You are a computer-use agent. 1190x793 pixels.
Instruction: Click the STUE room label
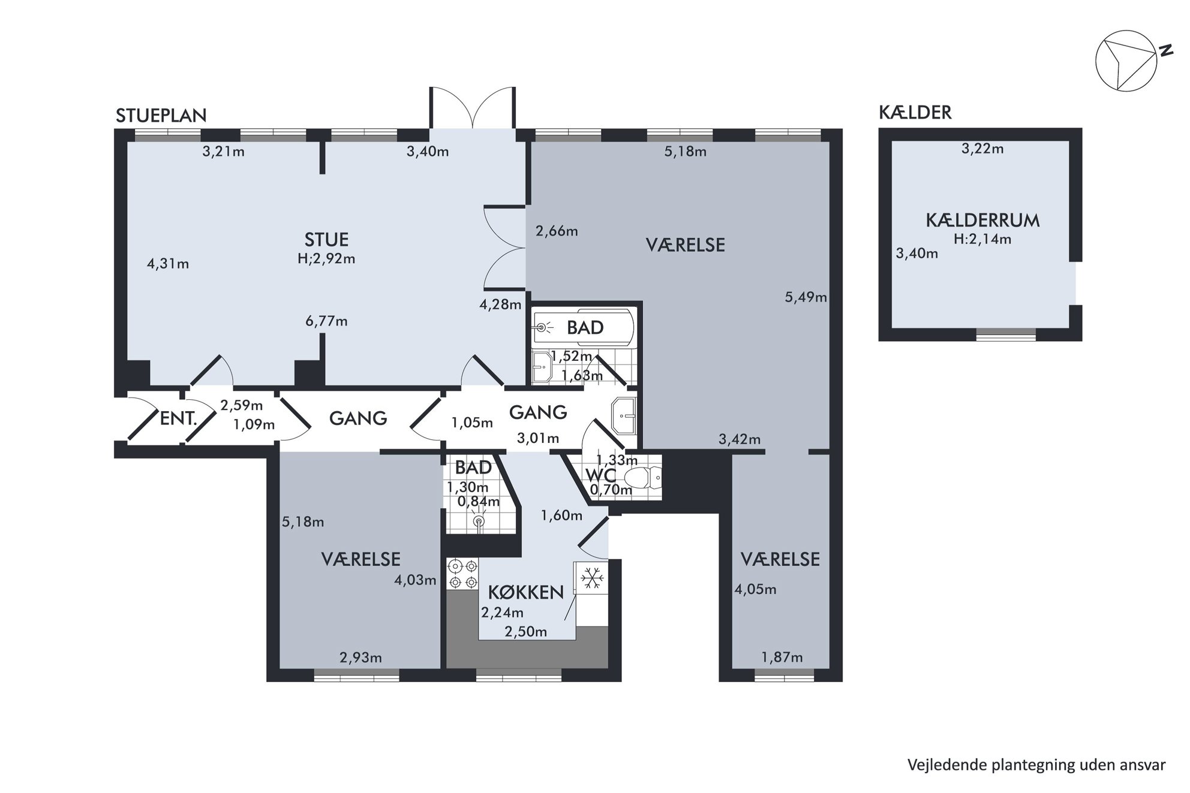coord(326,240)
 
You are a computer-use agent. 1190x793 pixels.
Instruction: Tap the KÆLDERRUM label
coord(982,221)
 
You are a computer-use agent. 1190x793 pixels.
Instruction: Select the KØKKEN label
coord(526,592)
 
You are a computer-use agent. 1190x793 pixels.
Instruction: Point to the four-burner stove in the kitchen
coord(463,574)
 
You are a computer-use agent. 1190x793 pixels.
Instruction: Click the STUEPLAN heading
coord(161,115)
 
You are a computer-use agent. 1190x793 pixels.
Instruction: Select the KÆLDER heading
coord(915,112)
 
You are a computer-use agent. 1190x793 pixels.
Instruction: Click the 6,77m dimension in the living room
coord(326,321)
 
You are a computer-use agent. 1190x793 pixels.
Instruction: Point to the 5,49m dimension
coord(806,297)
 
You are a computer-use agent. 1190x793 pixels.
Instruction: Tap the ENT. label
coord(178,418)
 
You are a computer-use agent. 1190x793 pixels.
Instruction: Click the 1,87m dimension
coord(782,658)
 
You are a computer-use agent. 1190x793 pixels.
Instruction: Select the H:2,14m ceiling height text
coord(982,239)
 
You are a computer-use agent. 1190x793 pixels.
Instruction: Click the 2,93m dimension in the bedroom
coord(360,658)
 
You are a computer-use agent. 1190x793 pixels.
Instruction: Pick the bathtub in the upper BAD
coord(583,327)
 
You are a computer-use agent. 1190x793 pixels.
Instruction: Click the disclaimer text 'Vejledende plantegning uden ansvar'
coord(1036,765)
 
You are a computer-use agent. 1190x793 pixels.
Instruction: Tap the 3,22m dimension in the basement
coord(982,149)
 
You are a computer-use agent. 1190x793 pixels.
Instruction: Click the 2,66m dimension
coord(557,231)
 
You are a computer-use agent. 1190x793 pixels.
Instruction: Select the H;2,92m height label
coord(326,259)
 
